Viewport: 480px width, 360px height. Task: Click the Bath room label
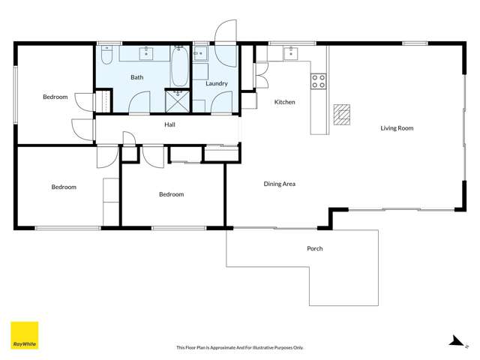click(137, 77)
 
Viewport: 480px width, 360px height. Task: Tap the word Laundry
click(216, 83)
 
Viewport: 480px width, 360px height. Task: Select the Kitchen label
click(284, 102)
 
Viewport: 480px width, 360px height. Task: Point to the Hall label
click(170, 124)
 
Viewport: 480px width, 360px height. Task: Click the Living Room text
click(397, 128)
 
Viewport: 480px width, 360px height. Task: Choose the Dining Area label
click(279, 184)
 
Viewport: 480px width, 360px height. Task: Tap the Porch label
click(315, 248)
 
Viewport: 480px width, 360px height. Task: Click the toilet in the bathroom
click(106, 56)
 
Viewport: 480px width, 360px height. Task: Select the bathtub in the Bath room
click(180, 66)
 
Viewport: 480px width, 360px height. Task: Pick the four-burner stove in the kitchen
click(318, 80)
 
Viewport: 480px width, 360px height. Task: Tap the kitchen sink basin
click(291, 52)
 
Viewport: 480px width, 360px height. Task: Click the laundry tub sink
click(200, 53)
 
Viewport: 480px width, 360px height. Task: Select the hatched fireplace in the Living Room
click(342, 112)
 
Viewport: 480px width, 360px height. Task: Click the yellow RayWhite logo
click(24, 335)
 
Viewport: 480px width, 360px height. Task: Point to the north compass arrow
click(454, 341)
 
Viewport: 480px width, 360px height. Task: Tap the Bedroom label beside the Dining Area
click(171, 194)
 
